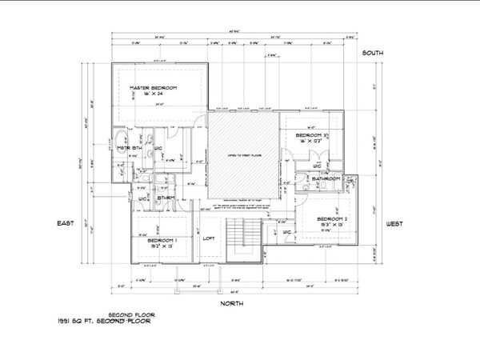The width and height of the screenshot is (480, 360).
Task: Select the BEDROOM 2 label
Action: pyautogui.click(x=331, y=218)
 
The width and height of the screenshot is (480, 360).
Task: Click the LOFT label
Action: pyautogui.click(x=210, y=238)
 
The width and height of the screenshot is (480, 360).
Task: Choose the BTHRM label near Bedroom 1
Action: pyautogui.click(x=166, y=198)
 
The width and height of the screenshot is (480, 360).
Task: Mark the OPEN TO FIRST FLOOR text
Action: pyautogui.click(x=242, y=154)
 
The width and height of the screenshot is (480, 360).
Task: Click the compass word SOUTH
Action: pyautogui.click(x=373, y=53)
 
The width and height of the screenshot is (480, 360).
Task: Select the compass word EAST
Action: pyautogui.click(x=65, y=223)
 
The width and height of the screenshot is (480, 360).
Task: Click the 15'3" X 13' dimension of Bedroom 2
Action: pyautogui.click(x=331, y=226)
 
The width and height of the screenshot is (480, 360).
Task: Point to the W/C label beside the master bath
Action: pyautogui.click(x=158, y=149)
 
